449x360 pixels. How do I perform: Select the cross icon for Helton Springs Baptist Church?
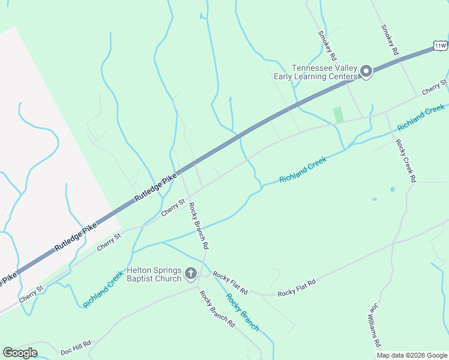tap(191, 274)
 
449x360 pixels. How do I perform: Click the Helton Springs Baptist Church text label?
tap(154, 275)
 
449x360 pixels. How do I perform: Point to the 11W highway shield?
tap(440, 46)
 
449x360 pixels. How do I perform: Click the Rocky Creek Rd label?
tap(405, 161)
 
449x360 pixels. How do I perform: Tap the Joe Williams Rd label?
tap(375, 325)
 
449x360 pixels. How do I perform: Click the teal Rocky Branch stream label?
tap(243, 312)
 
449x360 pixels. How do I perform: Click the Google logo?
tap(20, 353)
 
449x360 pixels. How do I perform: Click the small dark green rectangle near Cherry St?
tap(339, 114)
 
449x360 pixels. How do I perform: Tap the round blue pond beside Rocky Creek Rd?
tap(393, 190)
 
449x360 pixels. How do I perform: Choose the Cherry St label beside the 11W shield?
tap(435, 86)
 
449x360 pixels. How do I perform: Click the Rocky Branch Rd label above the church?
tap(199, 226)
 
